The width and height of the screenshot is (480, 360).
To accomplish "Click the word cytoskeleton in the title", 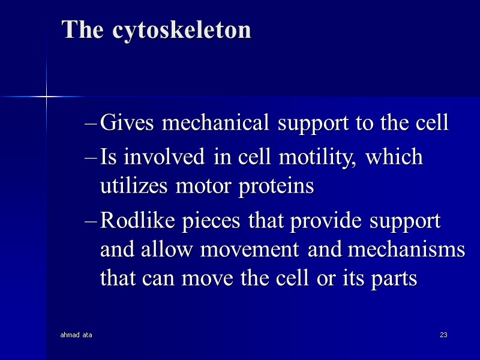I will point(181,30).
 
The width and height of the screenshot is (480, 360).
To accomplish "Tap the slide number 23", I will point(444,334).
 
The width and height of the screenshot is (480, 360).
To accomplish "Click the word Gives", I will point(128,123).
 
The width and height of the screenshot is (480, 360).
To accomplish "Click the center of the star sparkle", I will point(46,96).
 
